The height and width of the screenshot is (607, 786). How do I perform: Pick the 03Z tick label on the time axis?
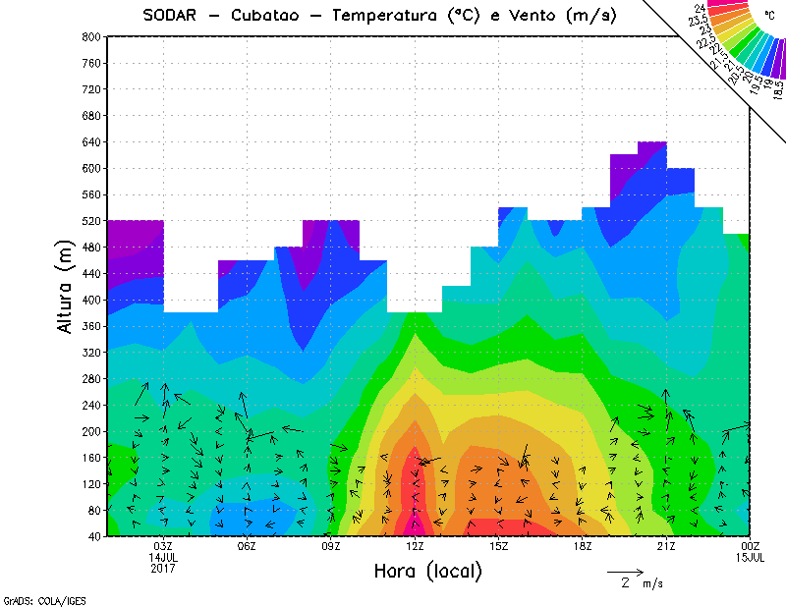(163, 546)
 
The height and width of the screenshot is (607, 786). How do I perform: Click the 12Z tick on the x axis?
(415, 546)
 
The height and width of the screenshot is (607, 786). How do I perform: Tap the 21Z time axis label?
(666, 546)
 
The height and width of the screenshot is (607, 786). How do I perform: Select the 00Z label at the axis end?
(750, 546)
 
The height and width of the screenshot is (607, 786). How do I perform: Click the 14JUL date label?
(163, 557)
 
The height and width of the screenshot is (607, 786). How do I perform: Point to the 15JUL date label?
(750, 557)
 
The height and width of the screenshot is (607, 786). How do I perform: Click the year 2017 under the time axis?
(163, 568)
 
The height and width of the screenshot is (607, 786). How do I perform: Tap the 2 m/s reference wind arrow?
(624, 572)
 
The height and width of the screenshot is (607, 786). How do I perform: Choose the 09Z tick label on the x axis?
(331, 546)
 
